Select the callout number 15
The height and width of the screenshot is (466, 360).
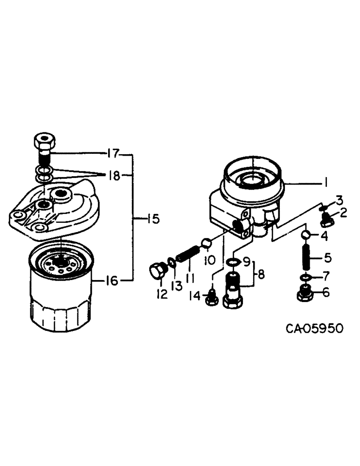click(x=152, y=219)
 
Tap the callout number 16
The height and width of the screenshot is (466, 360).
click(x=111, y=281)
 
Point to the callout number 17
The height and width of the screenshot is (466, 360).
click(x=112, y=152)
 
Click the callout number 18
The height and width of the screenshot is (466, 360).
click(x=114, y=175)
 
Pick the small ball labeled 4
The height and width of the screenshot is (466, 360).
click(x=306, y=235)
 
